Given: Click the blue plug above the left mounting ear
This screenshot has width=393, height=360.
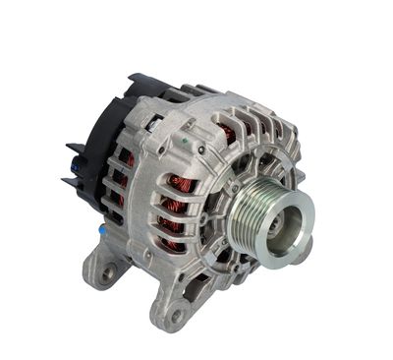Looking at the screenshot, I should [102, 228].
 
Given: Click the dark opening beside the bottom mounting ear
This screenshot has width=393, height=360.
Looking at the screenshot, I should [211, 285].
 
